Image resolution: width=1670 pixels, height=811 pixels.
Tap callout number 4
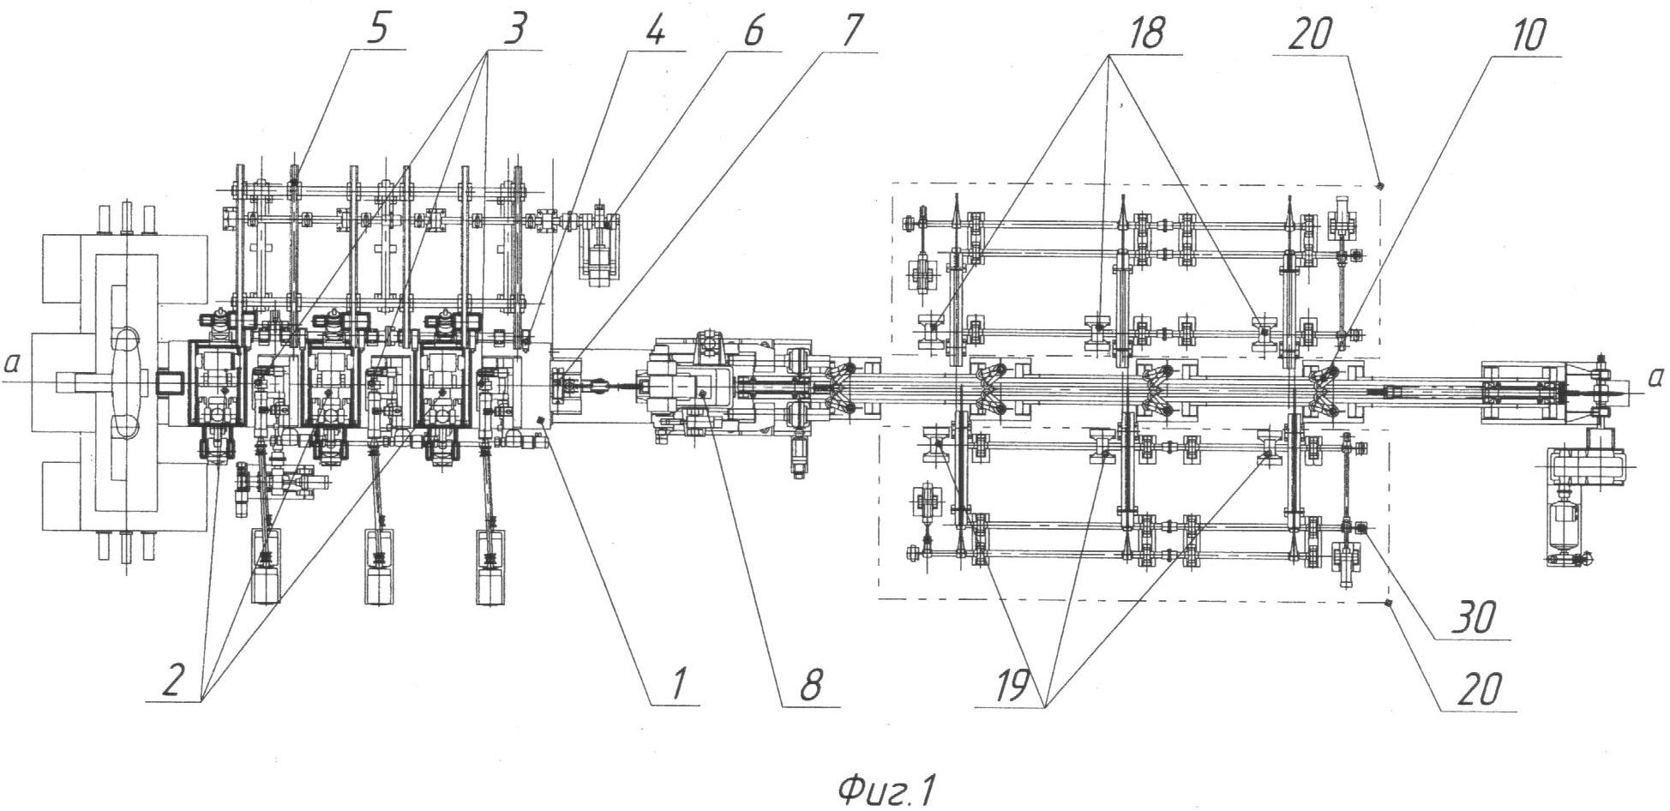(654, 31)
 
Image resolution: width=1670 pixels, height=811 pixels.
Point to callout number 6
(751, 31)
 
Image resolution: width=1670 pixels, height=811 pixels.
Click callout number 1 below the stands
(676, 683)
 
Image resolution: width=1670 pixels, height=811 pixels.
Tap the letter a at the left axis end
(11, 365)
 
